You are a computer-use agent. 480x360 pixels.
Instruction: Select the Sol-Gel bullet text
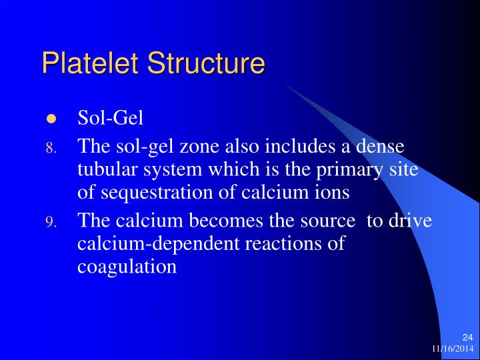111,119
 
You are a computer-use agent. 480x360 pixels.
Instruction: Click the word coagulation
127,267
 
